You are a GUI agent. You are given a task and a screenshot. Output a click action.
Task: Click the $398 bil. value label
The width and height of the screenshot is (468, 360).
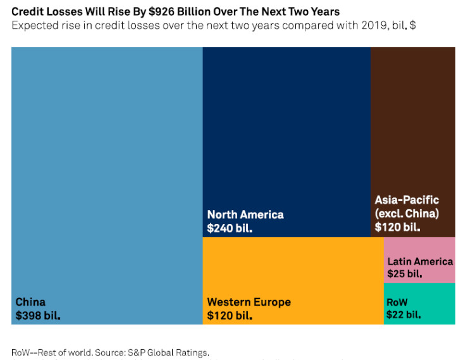(38, 315)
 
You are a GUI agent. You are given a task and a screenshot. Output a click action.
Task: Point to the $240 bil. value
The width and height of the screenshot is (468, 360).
(230, 228)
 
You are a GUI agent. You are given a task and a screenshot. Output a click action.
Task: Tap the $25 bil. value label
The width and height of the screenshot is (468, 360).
(405, 274)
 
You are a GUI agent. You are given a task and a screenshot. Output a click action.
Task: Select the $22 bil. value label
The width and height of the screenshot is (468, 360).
(403, 314)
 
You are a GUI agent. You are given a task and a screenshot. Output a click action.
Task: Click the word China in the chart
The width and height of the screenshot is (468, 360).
(30, 302)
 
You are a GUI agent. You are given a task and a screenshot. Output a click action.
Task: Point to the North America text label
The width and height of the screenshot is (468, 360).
(245, 214)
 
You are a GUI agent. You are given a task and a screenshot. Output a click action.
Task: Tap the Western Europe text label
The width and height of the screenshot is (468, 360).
(249, 302)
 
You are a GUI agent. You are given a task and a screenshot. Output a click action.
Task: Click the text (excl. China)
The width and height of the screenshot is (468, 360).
(407, 213)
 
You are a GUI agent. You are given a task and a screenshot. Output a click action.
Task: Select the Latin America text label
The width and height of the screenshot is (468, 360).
(420, 261)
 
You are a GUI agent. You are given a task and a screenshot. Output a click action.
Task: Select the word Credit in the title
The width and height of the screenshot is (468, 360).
(27, 11)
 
